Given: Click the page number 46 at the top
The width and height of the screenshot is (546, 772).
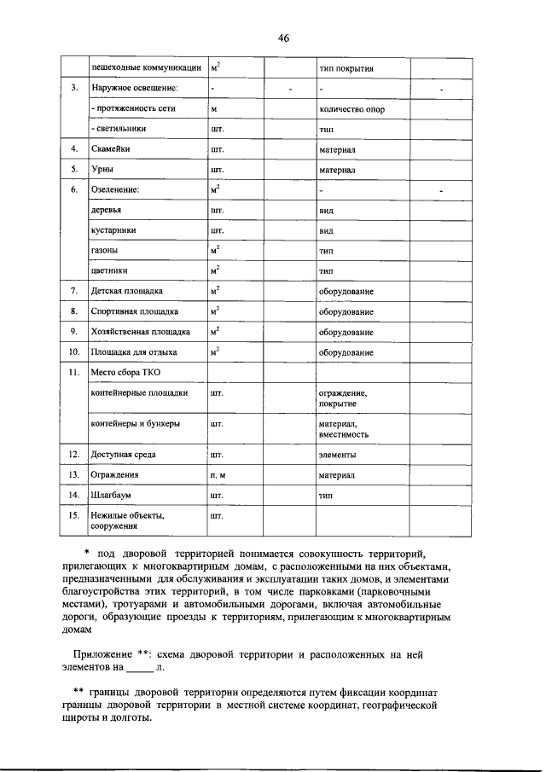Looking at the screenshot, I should (284, 38).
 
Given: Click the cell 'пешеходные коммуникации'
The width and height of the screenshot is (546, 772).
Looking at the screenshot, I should (146, 67).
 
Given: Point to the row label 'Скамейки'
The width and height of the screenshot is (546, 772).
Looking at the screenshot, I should (111, 149).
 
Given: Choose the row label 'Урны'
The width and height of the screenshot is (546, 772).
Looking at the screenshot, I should (102, 170).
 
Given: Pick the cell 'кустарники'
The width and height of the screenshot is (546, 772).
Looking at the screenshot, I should (113, 230).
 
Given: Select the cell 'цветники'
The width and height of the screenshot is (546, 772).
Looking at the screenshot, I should (109, 271).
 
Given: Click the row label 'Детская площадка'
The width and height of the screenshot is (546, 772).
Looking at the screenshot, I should (127, 292).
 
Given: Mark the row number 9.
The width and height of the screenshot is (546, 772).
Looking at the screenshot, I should (74, 332).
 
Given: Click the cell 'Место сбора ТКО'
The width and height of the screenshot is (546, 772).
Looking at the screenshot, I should (125, 373).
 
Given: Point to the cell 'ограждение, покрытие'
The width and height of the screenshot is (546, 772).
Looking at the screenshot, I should (343, 398).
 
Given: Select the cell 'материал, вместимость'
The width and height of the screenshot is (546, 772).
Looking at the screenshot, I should (344, 429).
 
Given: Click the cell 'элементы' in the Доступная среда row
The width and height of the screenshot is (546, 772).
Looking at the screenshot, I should (338, 455).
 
